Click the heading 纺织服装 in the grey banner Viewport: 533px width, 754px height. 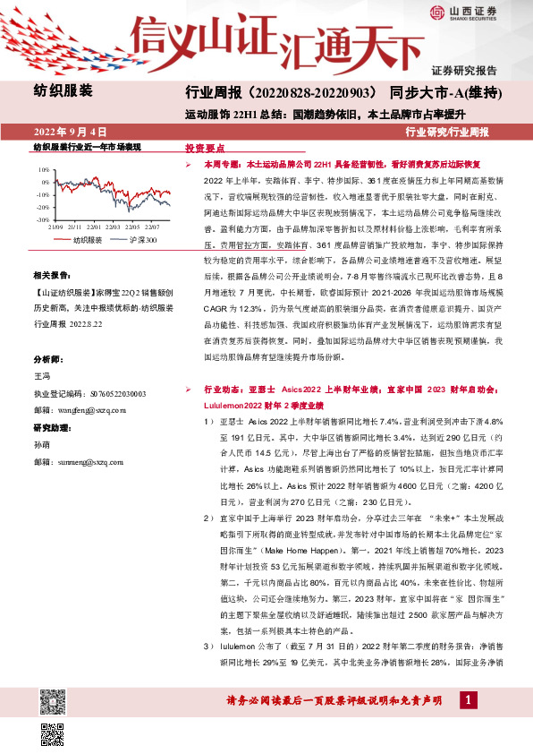(63, 91)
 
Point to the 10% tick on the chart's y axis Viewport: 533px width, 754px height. (42, 168)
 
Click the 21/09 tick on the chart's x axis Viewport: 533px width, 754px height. (56, 227)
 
